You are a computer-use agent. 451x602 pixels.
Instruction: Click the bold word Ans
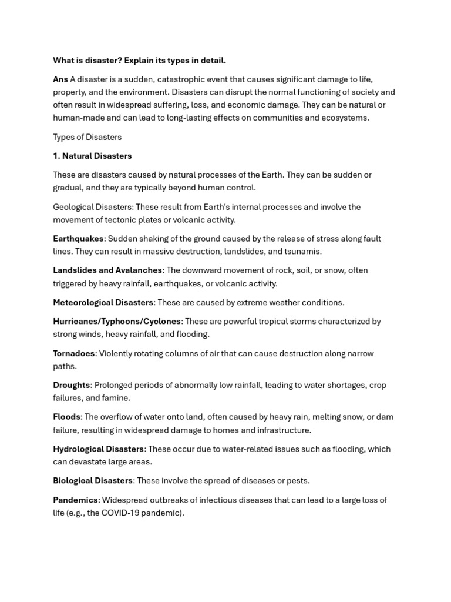point(60,79)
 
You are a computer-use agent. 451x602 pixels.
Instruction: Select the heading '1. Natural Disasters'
point(92,156)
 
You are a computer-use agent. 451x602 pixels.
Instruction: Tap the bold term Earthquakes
point(78,239)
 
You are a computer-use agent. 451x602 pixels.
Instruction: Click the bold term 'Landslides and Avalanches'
point(107,270)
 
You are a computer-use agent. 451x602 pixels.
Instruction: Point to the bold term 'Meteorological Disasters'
point(103,302)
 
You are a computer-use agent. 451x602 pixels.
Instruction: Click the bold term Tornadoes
point(73,353)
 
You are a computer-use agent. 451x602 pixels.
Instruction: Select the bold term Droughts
point(71,385)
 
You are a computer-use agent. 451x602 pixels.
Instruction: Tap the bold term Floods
point(66,417)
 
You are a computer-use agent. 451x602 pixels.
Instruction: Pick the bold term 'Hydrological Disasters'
point(98,449)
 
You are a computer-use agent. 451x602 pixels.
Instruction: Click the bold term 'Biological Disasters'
point(93,480)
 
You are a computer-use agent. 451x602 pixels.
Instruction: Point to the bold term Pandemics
point(75,500)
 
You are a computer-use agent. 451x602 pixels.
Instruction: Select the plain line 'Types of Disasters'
point(87,137)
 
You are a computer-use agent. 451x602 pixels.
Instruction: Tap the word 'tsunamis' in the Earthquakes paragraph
point(302,252)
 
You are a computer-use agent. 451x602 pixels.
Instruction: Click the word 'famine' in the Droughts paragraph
point(116,398)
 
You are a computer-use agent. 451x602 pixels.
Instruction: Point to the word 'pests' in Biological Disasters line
point(296,480)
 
